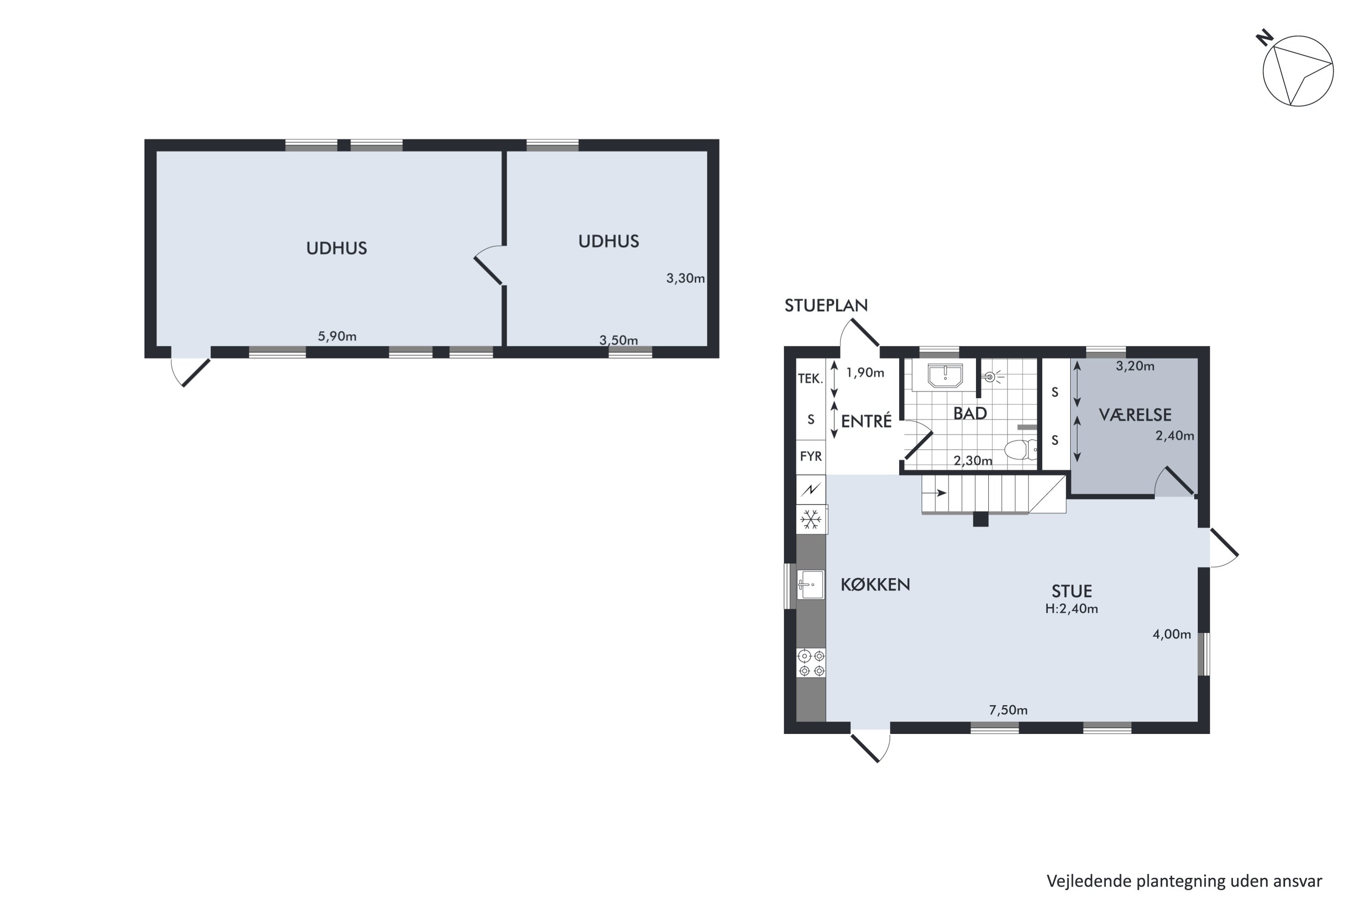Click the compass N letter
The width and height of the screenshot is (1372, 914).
click(x=1264, y=38)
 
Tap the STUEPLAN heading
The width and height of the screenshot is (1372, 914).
click(x=826, y=305)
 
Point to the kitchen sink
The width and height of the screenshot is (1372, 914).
click(x=811, y=584)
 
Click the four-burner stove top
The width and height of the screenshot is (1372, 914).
click(x=811, y=663)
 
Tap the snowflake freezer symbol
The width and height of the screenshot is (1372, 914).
click(x=811, y=519)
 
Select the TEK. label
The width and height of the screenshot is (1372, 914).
click(x=810, y=378)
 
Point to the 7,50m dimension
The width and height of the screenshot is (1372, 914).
click(x=1008, y=710)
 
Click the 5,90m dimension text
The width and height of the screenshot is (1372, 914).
click(x=337, y=336)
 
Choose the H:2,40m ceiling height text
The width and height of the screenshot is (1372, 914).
click(x=1072, y=609)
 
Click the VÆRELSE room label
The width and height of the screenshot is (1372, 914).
click(x=1135, y=415)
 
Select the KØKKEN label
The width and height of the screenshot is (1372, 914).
click(x=875, y=585)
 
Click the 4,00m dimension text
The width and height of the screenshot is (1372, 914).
click(x=1172, y=634)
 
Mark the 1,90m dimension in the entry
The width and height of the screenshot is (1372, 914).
click(x=865, y=372)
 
